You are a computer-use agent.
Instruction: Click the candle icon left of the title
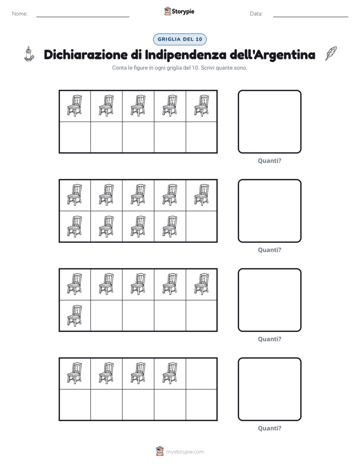pyautogui.click(x=29, y=54)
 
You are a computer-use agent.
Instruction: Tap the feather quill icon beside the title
pyautogui.click(x=331, y=53)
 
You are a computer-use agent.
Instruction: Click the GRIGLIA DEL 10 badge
pyautogui.click(x=179, y=39)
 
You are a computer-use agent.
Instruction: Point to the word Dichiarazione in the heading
pyautogui.click(x=86, y=54)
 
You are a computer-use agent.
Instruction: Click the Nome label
pyautogui.click(x=20, y=14)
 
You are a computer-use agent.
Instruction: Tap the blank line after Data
pyautogui.click(x=311, y=17)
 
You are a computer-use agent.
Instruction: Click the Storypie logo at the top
pyautogui.click(x=179, y=11)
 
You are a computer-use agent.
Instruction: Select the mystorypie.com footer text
pyautogui.click(x=185, y=452)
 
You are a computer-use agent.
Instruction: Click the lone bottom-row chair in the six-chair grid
pyautogui.click(x=75, y=316)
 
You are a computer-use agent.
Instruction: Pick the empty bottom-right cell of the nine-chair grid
pyautogui.click(x=201, y=226)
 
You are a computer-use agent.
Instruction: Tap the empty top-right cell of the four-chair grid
pyautogui.click(x=201, y=374)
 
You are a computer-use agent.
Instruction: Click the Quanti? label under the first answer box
pyautogui.click(x=269, y=161)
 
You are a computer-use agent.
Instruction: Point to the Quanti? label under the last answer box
pyautogui.click(x=269, y=428)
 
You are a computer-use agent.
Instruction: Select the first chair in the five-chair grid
pyautogui.click(x=75, y=105)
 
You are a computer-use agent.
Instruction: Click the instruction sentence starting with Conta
pyautogui.click(x=179, y=68)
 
